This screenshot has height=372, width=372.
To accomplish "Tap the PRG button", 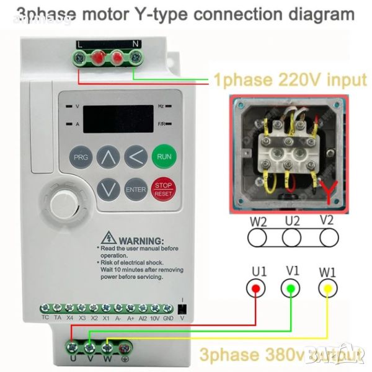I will tap(81, 157).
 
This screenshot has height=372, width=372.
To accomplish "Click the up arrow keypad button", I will tap(108, 157).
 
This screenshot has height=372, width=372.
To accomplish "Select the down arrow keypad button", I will tap(108, 188).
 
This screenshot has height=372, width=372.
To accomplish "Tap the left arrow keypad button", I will tap(136, 157).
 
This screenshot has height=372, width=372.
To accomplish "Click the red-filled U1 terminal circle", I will tap(255, 288).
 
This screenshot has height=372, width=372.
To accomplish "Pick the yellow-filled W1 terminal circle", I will tap(329, 288).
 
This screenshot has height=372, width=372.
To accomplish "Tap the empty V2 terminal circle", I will tap(329, 237).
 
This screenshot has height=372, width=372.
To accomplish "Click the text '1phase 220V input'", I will tap(290, 79).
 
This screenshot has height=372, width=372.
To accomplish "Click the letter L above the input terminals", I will tap(79, 43).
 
